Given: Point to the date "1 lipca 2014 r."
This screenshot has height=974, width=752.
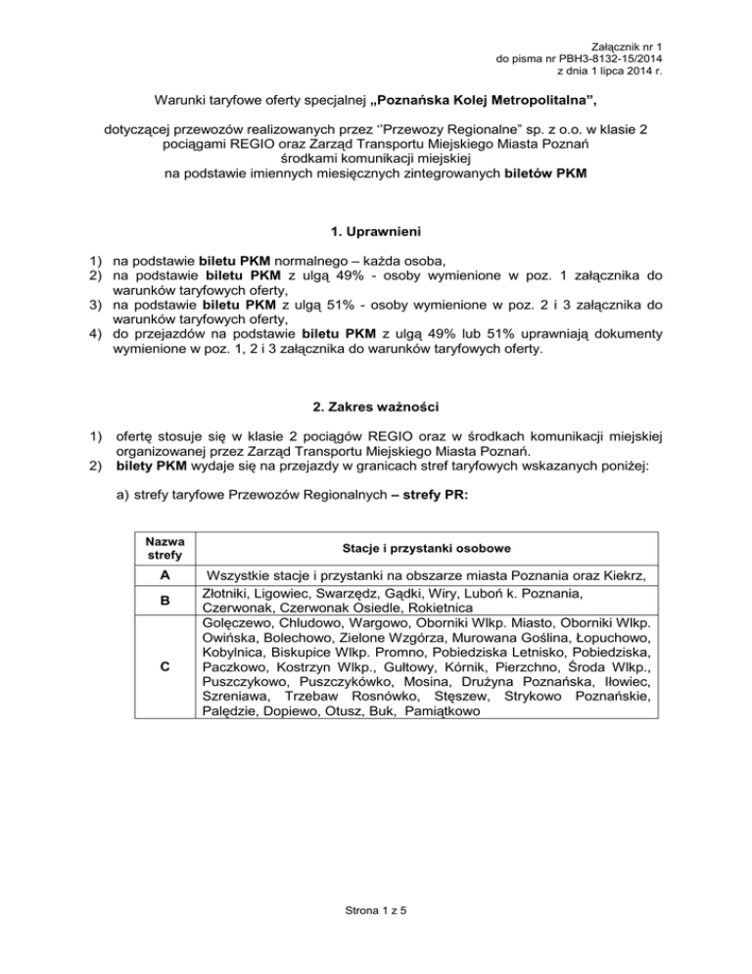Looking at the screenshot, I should tap(681, 73).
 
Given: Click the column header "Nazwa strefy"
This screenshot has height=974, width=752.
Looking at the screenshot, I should tap(164, 549).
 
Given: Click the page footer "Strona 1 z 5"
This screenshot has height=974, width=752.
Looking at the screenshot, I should tap(376, 909).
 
